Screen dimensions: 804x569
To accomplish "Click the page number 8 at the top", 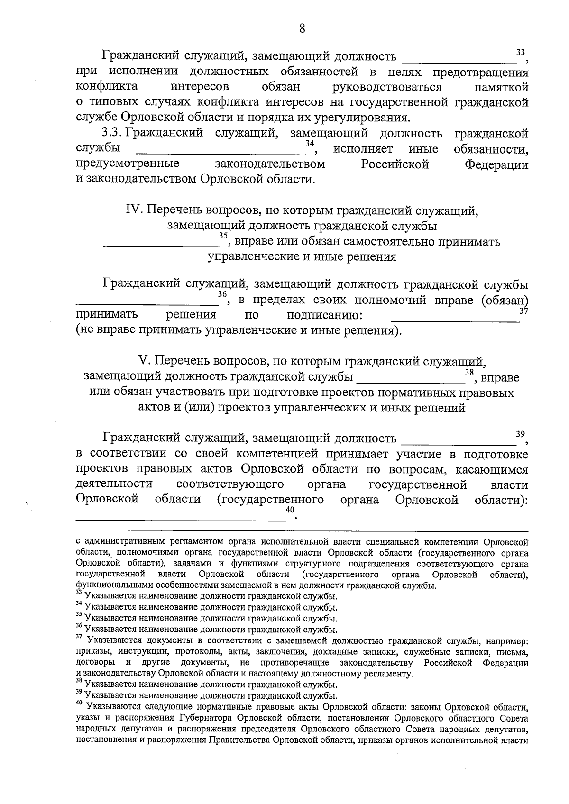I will click(302, 28).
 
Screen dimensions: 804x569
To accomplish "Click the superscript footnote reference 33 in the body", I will click(521, 51).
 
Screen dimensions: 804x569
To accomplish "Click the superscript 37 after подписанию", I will click(523, 311).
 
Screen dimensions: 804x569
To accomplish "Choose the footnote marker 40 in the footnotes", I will click(79, 705).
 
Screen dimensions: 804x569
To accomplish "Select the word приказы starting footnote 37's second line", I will click(92, 651).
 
